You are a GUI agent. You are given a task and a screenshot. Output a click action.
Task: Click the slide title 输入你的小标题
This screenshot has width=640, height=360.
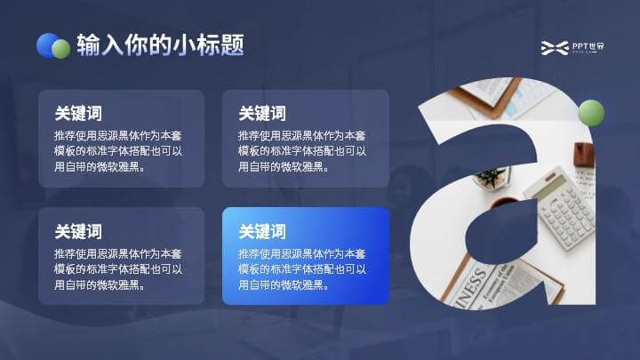(x=160, y=44)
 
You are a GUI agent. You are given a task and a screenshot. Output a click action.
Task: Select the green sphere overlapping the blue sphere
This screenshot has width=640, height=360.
(x=60, y=49)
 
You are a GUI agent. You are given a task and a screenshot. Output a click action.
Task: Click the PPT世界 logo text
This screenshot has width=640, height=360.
(x=588, y=46)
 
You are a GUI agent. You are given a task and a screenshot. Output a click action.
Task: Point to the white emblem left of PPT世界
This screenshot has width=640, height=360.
(x=555, y=48)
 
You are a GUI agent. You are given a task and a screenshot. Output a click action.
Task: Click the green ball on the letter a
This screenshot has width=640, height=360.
(x=591, y=113)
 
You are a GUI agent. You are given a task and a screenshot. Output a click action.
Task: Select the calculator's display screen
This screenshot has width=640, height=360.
(x=546, y=188)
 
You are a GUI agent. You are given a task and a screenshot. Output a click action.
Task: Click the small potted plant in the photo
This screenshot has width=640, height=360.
(x=492, y=179)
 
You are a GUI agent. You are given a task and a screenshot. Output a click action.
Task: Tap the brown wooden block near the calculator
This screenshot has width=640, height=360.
(x=584, y=155)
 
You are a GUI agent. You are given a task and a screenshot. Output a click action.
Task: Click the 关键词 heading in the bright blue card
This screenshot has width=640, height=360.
(x=262, y=231)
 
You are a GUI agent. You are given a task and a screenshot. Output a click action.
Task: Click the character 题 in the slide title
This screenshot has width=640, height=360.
(x=232, y=44)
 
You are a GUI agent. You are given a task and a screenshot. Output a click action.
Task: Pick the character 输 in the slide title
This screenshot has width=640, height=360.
(x=88, y=44)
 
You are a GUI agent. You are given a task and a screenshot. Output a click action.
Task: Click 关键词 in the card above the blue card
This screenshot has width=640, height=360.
(x=262, y=114)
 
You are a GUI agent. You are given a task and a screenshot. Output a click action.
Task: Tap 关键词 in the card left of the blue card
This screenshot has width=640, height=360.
(x=78, y=231)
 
